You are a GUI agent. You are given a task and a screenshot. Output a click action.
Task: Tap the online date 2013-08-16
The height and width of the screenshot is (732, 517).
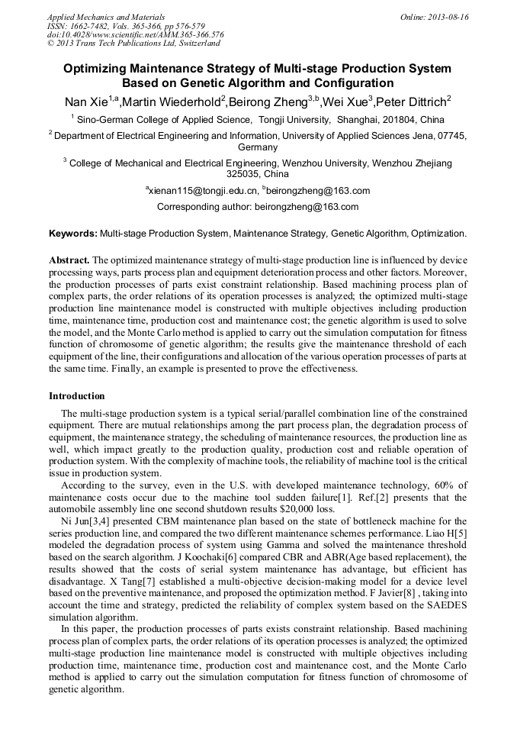[x=450, y=16]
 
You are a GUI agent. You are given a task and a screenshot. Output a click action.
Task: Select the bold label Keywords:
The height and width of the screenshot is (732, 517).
[x=73, y=233]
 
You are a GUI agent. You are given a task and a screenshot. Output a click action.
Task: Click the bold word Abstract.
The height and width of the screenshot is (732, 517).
[x=69, y=260]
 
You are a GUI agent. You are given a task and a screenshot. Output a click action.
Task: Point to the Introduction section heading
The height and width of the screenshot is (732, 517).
[x=77, y=396]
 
